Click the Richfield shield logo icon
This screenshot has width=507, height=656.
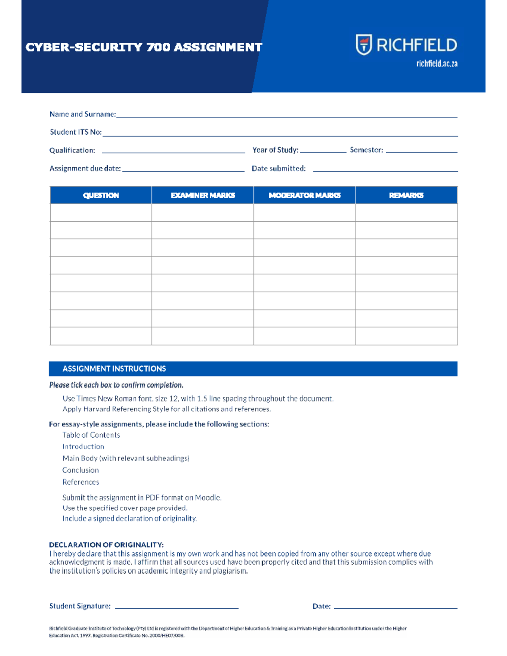pos(363,45)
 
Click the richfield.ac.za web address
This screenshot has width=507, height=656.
pos(436,64)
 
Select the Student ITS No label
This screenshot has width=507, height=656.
pos(76,132)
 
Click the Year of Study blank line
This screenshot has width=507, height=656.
pos(323,150)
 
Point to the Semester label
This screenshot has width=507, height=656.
pos(366,150)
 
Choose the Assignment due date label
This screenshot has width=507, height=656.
pos(85,169)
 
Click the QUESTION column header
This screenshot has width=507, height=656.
pos(101,195)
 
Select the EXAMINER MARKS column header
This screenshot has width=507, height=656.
pos(203,195)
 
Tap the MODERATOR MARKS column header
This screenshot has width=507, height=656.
pos(304,195)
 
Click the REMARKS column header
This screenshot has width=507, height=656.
pos(406,195)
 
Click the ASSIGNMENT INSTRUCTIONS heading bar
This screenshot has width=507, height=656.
pos(253,369)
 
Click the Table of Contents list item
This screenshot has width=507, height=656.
pos(91,435)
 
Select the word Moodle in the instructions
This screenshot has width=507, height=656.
pos(207,498)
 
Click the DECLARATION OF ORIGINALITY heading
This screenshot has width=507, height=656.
pos(106,545)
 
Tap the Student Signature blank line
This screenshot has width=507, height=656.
pos(177,607)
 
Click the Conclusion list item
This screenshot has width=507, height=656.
pos(81,470)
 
